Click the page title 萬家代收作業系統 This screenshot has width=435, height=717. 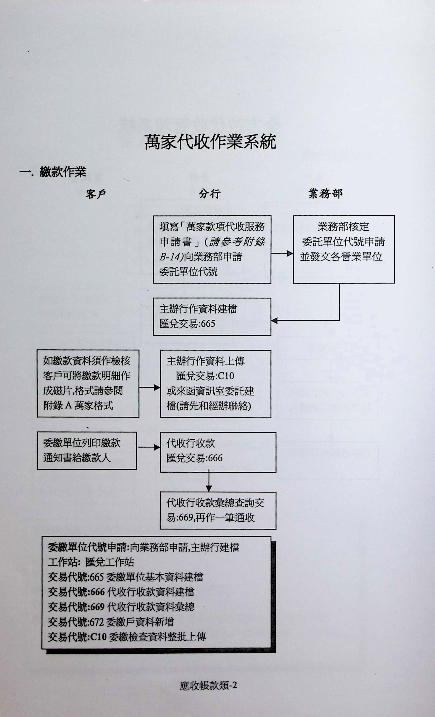pyautogui.click(x=210, y=142)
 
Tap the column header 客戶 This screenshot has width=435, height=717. pyautogui.click(x=96, y=194)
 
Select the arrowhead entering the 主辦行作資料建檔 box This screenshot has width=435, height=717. pyautogui.click(x=274, y=321)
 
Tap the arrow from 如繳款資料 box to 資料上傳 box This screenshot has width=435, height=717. pyautogui.click(x=150, y=388)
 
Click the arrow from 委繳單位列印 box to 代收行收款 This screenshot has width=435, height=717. pyautogui.click(x=149, y=447)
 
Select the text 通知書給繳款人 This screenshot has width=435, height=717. pyautogui.click(x=77, y=458)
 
